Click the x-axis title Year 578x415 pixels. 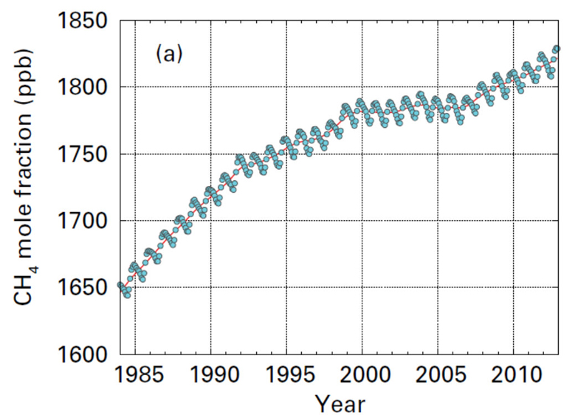coord(340,403)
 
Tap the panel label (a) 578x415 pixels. coord(168,54)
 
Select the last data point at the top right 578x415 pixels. coord(557,49)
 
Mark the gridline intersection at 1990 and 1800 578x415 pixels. coord(211,87)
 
